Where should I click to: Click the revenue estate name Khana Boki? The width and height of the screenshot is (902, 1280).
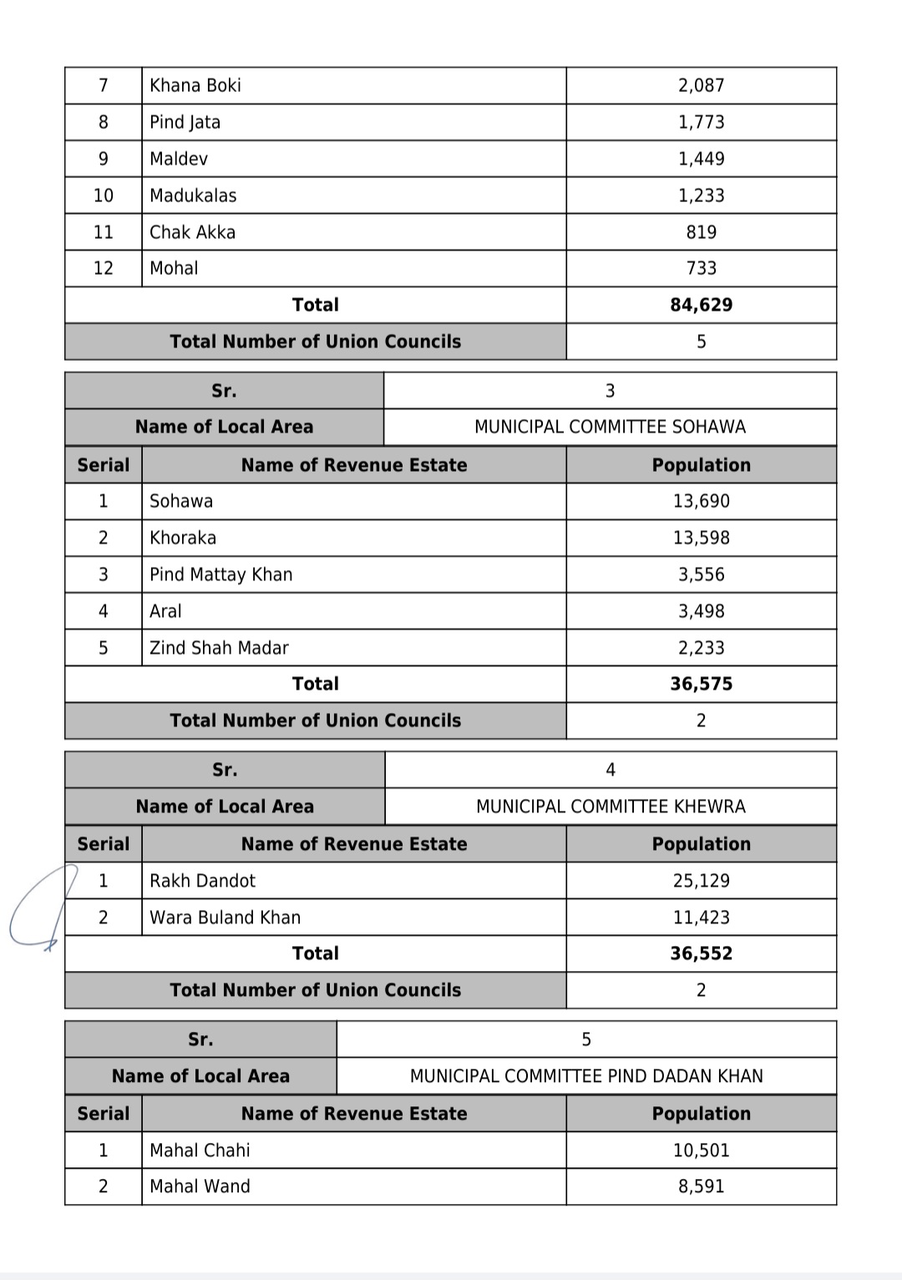point(195,85)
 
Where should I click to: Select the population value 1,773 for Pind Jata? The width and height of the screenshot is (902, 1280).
point(701,122)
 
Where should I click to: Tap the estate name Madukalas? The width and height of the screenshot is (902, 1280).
point(193,195)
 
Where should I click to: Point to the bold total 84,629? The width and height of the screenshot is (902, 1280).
point(701,305)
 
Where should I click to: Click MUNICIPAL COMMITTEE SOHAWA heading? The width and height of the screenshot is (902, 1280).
point(610,427)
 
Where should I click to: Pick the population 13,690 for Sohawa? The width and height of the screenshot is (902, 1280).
point(701,501)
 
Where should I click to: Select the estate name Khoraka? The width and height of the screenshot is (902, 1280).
point(183,538)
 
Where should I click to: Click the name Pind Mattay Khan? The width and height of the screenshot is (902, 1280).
point(221,574)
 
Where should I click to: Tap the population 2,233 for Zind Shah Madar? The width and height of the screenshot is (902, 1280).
point(701,648)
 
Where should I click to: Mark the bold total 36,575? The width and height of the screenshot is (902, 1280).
point(701,684)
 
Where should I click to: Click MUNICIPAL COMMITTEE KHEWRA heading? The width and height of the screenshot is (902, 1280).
point(611,807)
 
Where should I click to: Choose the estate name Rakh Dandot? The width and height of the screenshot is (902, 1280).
point(202,881)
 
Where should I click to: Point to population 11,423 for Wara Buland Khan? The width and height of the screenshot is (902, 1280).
point(701,918)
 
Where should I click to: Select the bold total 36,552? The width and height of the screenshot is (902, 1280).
point(701,954)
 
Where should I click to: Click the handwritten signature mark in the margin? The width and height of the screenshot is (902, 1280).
point(38,910)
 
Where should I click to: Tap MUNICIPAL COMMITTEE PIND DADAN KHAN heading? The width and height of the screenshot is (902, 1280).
point(586,1076)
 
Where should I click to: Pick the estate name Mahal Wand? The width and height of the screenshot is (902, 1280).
point(200,1186)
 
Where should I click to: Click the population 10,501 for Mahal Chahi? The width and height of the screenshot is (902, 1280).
point(701,1151)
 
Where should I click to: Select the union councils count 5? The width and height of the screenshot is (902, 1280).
point(701,342)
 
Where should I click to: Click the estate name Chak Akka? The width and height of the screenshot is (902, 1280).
point(192,232)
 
